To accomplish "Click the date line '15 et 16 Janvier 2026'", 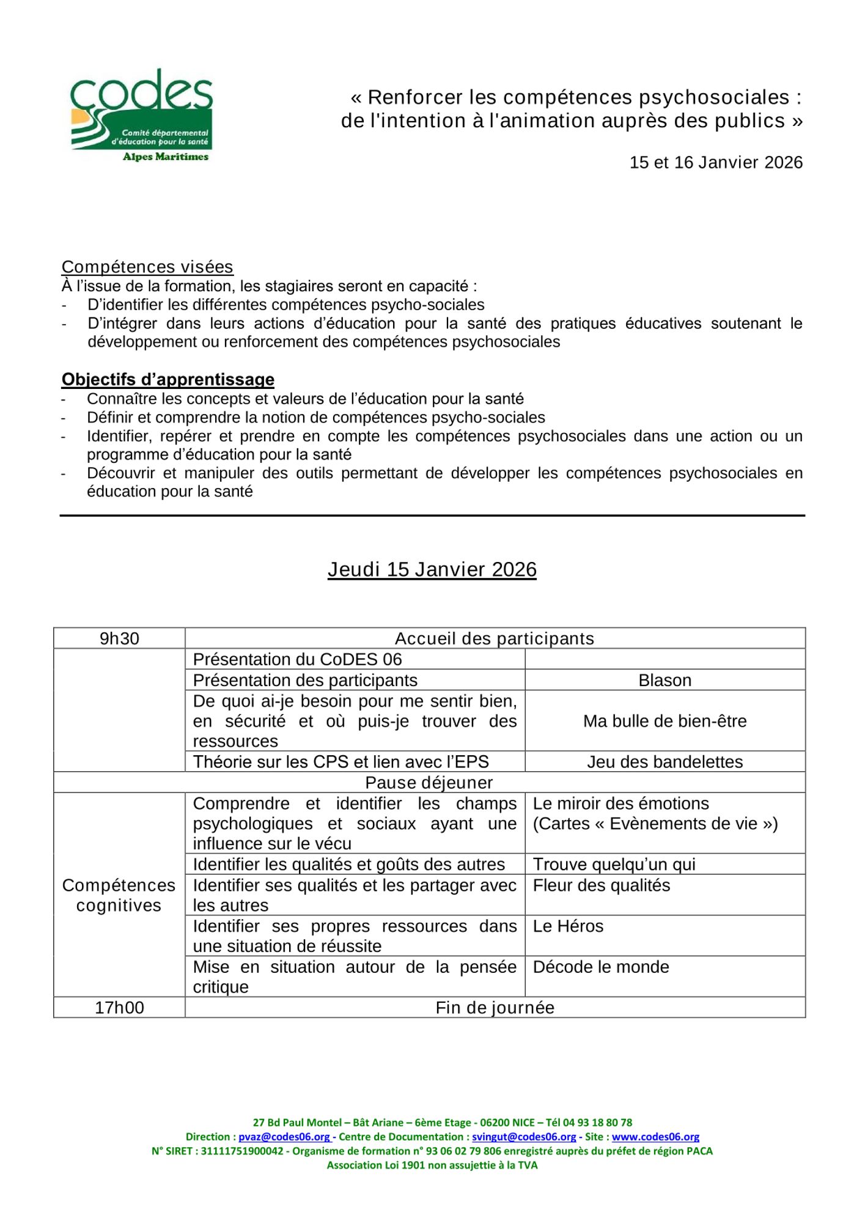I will [x=715, y=162].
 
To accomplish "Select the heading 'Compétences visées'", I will [x=147, y=267].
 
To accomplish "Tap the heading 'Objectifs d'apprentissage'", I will [x=167, y=379].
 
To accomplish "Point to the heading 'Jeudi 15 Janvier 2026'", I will [x=432, y=569].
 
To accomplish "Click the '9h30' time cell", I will [x=119, y=638].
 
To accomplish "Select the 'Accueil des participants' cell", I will [x=494, y=638].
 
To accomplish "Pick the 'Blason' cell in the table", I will [x=664, y=680].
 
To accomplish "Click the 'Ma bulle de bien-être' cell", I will [x=664, y=721].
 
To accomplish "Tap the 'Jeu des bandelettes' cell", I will [x=664, y=761].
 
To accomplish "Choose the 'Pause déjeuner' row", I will [x=429, y=782].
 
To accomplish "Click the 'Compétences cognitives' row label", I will [x=119, y=895].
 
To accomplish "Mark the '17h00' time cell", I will [x=119, y=1007].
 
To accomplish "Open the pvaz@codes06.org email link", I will [x=284, y=1137].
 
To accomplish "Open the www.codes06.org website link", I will [x=655, y=1137].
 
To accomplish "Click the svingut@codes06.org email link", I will [x=524, y=1137].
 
